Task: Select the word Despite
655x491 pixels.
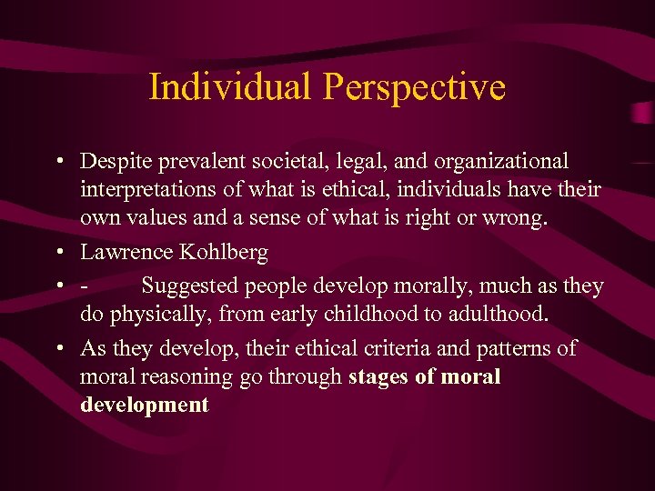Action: [116, 162]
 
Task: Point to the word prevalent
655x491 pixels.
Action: [200, 163]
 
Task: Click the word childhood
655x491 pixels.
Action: [364, 315]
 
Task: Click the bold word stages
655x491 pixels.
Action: [378, 376]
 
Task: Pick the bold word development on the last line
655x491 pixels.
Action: [145, 406]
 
